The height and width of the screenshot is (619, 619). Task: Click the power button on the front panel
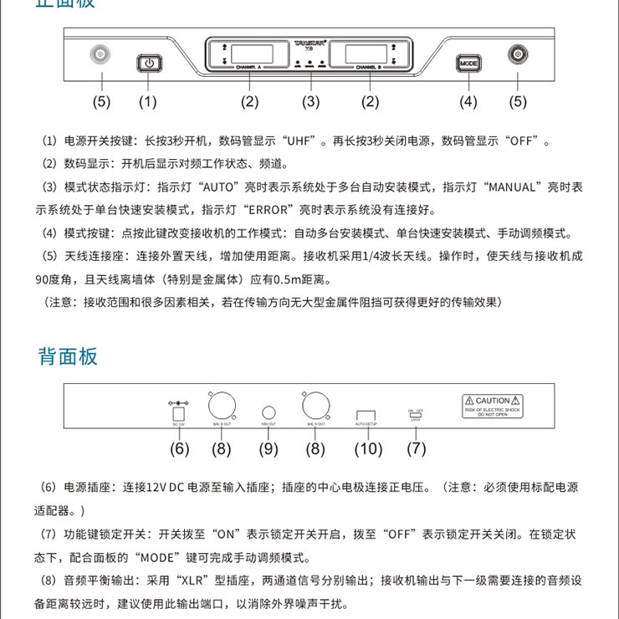[x=148, y=63]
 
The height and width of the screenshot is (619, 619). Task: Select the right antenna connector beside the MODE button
[x=518, y=57]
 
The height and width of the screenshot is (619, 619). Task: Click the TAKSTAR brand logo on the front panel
[x=310, y=41]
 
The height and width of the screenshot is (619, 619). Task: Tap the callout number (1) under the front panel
[x=147, y=102]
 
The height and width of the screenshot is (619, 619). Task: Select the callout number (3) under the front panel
[x=310, y=102]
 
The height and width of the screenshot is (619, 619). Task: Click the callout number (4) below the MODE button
[x=468, y=102]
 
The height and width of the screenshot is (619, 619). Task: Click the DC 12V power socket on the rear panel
[x=177, y=413]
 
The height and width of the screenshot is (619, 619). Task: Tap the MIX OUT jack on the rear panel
[x=269, y=412]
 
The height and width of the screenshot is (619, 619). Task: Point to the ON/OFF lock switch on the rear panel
[x=416, y=414]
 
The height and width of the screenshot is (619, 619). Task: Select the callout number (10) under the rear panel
[x=368, y=449]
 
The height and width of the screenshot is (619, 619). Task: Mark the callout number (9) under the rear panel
[x=269, y=449]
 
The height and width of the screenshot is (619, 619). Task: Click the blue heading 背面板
[x=69, y=356]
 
